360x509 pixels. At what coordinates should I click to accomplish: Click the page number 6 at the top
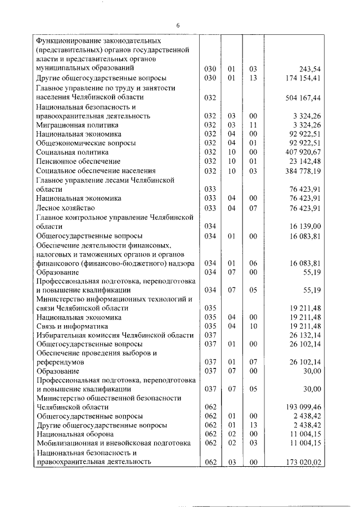[x=177, y=26]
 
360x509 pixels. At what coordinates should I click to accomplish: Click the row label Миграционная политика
[x=78, y=125]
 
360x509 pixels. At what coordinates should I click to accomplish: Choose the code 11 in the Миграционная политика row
[x=253, y=125]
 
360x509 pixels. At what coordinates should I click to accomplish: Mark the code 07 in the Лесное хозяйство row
[x=253, y=208]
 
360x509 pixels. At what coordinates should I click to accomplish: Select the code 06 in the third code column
[x=253, y=263]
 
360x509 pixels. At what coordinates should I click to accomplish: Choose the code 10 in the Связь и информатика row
[x=253, y=326]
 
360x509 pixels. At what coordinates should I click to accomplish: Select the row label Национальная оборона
[x=75, y=434]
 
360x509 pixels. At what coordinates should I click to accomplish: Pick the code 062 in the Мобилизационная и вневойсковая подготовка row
[x=210, y=443]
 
